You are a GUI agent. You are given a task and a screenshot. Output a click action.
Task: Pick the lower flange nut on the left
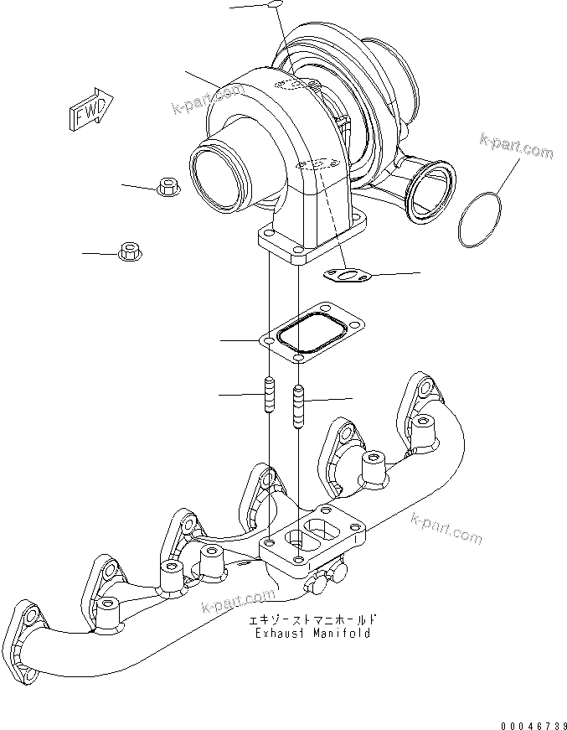click(x=130, y=251)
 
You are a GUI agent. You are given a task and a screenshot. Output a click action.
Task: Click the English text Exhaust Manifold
click(x=313, y=634)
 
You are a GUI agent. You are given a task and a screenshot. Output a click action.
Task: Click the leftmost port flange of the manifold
click(x=28, y=628)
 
